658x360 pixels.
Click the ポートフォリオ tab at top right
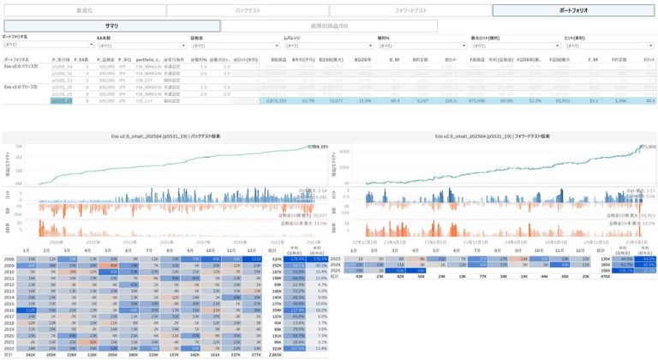573,10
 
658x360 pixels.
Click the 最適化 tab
83,10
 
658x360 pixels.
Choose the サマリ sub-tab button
111,27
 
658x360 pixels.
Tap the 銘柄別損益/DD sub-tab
329,27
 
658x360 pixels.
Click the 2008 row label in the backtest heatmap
9,258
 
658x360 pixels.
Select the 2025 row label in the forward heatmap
336,271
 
